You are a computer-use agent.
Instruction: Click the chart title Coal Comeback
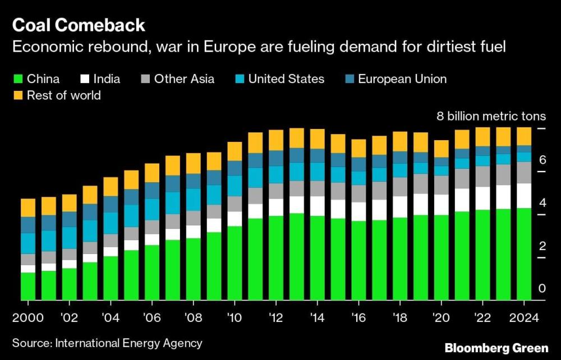tap(79, 25)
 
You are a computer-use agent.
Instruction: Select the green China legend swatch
tap(17, 79)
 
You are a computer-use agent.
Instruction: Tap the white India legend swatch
tap(86, 79)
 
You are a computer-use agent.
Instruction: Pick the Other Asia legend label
tap(184, 79)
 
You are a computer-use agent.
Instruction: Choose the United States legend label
tap(286, 79)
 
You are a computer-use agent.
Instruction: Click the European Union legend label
tap(402, 79)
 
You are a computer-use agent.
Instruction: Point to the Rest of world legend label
tap(63, 95)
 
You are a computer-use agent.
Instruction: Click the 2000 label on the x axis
tap(28, 318)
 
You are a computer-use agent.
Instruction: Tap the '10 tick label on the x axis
tap(234, 318)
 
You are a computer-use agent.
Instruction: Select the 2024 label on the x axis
tap(523, 318)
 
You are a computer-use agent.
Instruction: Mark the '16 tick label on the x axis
tap(359, 318)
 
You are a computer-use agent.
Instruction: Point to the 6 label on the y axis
tap(542, 160)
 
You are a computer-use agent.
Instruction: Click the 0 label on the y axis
tap(542, 289)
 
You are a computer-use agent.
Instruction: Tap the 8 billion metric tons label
tap(491, 117)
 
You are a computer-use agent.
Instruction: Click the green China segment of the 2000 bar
tap(28, 286)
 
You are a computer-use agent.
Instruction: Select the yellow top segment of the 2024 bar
tap(524, 136)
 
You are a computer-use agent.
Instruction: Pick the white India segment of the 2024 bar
tap(524, 196)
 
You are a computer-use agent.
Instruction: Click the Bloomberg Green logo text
tap(496, 348)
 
